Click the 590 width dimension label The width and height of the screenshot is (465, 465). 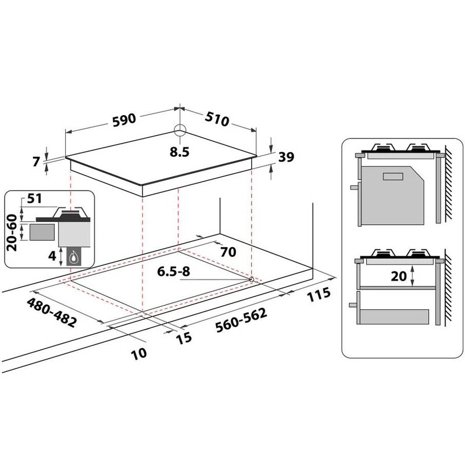(124, 120)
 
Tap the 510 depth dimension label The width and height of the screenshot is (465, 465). (217, 119)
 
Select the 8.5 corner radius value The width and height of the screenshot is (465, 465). (180, 152)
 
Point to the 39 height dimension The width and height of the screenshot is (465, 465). (286, 157)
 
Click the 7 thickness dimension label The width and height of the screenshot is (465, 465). (36, 162)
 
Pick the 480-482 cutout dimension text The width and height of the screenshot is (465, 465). (52, 313)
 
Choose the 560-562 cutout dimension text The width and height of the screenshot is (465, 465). (241, 320)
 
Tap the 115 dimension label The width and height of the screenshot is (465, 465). (319, 295)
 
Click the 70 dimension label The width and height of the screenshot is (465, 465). (228, 252)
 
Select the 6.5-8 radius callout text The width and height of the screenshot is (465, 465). (173, 271)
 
